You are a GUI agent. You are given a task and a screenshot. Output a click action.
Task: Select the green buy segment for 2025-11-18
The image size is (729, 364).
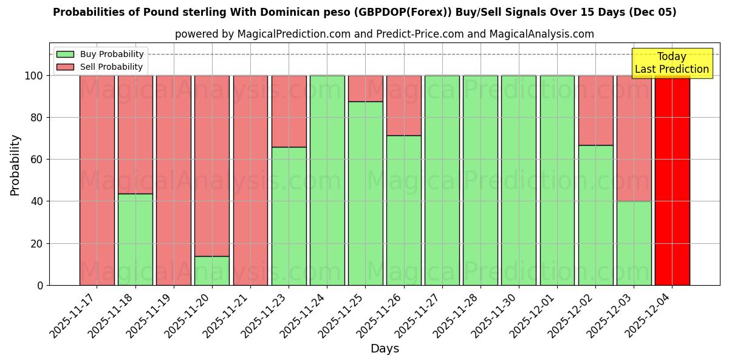click(x=135, y=239)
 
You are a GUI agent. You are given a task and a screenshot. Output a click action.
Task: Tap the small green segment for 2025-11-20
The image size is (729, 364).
click(x=212, y=271)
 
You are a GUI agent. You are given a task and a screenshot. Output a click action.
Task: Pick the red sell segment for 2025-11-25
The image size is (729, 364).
click(x=365, y=89)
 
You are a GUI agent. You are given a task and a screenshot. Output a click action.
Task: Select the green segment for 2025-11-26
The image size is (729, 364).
click(x=403, y=210)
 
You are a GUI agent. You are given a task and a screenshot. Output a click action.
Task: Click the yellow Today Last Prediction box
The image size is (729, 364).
click(x=672, y=63)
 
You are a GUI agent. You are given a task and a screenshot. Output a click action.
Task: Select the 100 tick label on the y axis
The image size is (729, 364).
click(x=33, y=76)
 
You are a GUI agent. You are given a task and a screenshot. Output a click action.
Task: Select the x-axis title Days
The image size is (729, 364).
click(x=385, y=349)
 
